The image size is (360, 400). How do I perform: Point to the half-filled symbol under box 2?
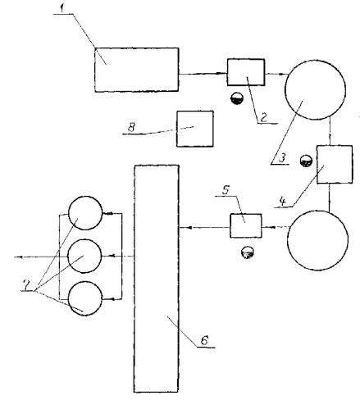237,98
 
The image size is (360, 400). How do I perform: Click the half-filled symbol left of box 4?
306,161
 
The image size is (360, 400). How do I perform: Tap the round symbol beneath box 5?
248,252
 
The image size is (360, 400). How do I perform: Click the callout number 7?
26,286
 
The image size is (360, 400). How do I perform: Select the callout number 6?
204,340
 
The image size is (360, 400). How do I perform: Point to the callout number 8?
132,127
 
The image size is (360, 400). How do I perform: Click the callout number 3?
282,158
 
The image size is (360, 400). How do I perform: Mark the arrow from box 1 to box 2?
203,74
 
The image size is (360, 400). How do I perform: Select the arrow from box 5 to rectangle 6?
205,227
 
